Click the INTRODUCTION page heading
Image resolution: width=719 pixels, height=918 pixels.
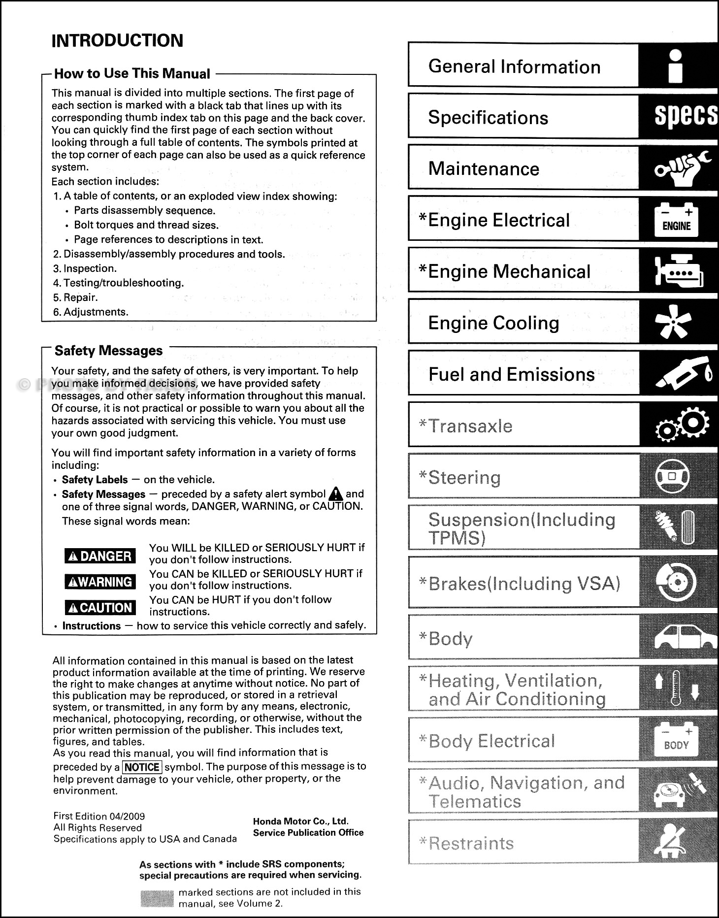coord(117,40)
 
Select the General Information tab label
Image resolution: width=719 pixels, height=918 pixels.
coord(514,66)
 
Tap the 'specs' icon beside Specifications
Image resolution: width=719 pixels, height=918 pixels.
coord(685,116)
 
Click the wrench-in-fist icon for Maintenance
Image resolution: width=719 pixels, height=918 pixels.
coord(682,169)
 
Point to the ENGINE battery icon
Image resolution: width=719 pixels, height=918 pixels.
coord(676,220)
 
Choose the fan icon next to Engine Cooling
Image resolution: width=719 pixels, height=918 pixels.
coord(673,322)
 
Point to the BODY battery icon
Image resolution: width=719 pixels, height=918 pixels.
coord(676,740)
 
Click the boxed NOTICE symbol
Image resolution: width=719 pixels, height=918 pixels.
coord(142,767)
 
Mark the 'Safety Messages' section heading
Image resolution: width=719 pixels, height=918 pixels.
coord(108,351)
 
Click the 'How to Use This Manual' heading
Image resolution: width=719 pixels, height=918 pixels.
coord(132,74)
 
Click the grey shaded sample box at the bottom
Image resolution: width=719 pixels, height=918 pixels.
coord(157,898)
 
